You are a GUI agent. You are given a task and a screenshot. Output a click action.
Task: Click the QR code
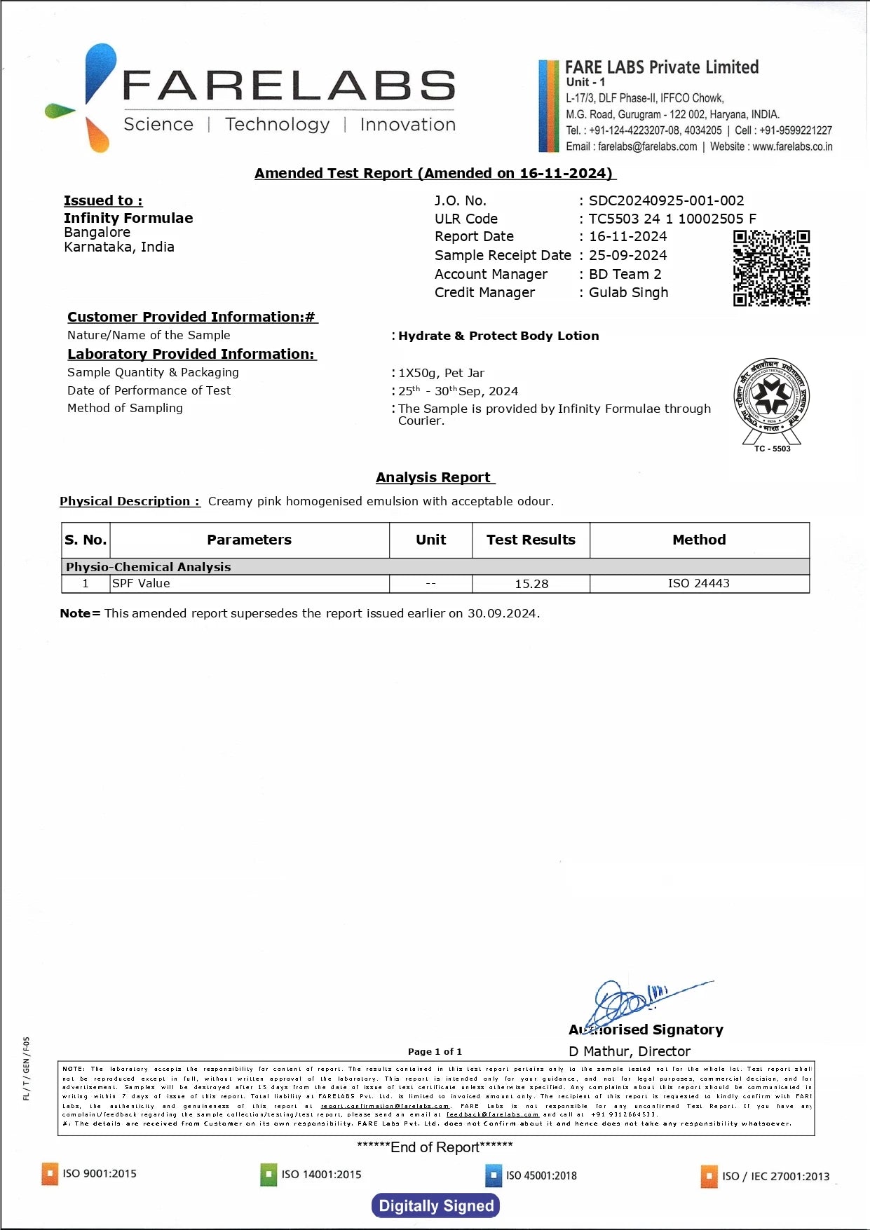[771, 268]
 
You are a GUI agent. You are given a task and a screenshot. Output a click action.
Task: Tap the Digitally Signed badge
[436, 1205]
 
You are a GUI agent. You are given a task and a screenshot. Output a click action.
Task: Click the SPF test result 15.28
[531, 584]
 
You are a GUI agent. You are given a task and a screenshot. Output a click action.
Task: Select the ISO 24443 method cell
[699, 584]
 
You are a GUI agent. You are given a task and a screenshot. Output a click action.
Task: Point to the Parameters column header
[249, 540]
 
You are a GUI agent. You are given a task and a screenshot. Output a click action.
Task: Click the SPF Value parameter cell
[142, 584]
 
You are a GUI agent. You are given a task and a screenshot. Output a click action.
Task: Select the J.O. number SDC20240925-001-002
[666, 201]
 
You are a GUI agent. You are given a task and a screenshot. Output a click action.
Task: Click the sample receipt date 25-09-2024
[627, 256]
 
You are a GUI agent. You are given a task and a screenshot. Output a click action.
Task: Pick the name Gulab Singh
[628, 293]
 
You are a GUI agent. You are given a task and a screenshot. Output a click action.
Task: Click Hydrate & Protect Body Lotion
[498, 336]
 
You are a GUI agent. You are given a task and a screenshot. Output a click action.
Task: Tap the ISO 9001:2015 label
[100, 1174]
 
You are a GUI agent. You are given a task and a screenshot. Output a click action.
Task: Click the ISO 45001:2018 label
[541, 1175]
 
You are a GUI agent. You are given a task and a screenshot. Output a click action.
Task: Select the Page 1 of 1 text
[435, 1051]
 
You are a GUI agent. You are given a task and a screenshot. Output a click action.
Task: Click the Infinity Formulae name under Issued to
[128, 218]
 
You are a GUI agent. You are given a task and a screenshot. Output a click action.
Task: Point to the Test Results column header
[531, 540]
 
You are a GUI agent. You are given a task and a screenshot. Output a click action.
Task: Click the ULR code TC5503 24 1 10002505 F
[672, 219]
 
